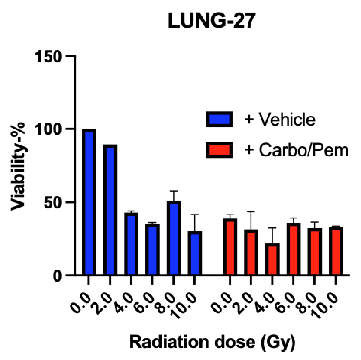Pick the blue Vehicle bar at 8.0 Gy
coord(174,238)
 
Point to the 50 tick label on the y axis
coord(55,202)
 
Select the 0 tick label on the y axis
coord(60,275)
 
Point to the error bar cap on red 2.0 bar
coord(251,211)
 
